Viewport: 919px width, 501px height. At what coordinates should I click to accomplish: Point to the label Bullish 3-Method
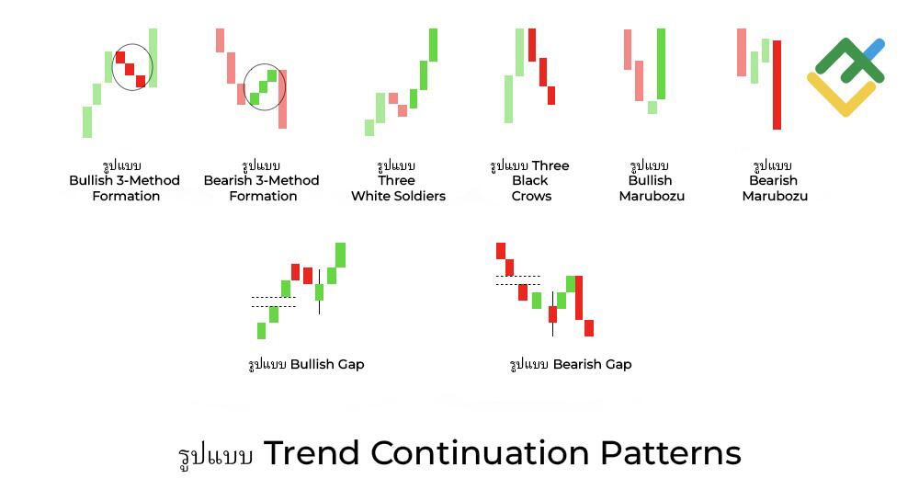(124, 180)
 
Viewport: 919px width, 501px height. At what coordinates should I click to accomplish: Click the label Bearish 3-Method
(261, 180)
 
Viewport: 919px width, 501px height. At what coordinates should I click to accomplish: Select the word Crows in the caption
(531, 196)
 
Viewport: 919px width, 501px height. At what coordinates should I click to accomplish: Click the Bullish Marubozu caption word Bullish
(651, 180)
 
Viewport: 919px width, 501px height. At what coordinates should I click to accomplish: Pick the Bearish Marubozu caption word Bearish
(774, 180)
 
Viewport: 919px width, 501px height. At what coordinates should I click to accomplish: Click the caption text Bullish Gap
(327, 364)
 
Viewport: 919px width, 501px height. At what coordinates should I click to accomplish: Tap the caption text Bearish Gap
(592, 364)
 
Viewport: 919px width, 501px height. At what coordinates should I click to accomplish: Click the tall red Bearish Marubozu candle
(777, 85)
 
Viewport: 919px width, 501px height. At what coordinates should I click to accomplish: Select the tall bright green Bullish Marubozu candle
(661, 63)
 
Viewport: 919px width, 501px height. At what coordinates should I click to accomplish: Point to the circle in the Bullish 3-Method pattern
(132, 67)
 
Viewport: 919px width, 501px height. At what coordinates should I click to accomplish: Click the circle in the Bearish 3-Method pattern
(265, 87)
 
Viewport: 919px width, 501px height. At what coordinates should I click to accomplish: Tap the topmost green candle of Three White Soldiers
(433, 44)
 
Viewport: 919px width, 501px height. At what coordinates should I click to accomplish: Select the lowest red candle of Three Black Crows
(551, 95)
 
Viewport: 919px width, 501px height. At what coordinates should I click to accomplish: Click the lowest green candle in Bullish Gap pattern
(262, 330)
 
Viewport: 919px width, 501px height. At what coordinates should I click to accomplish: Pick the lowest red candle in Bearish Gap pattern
(589, 328)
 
